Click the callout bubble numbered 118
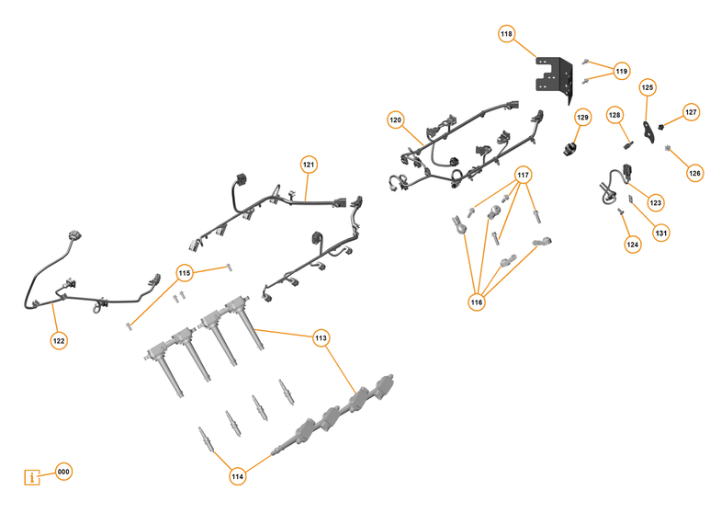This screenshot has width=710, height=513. (506, 34)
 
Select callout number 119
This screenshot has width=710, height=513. (622, 71)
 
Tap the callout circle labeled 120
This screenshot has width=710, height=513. (396, 120)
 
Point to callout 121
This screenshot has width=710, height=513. (309, 165)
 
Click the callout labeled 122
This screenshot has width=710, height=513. (59, 339)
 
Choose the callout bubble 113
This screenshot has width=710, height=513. (321, 337)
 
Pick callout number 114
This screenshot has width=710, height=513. (238, 476)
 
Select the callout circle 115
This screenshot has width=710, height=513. (185, 272)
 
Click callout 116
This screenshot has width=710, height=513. (477, 302)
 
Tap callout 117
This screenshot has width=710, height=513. (524, 175)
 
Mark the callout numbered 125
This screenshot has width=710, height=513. (648, 87)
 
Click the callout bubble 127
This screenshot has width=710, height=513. (691, 112)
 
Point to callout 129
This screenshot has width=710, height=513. (582, 118)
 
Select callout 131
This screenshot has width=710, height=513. (661, 234)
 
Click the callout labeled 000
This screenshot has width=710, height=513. (63, 472)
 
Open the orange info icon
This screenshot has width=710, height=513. (33, 477)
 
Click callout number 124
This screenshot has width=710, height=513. (633, 245)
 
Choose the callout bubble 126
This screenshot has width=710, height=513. (694, 172)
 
